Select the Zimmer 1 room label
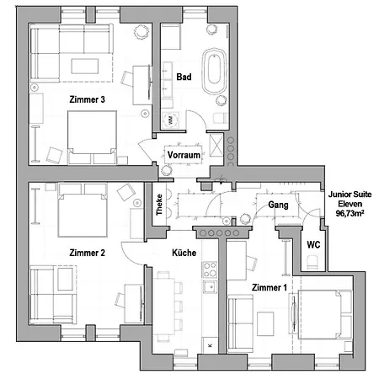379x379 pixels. click(270, 288)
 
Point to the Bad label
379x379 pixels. click(184, 77)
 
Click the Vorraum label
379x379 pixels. click(183, 157)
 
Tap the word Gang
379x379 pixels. click(279, 206)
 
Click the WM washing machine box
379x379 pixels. click(172, 120)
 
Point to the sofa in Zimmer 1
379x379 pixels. click(238, 324)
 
